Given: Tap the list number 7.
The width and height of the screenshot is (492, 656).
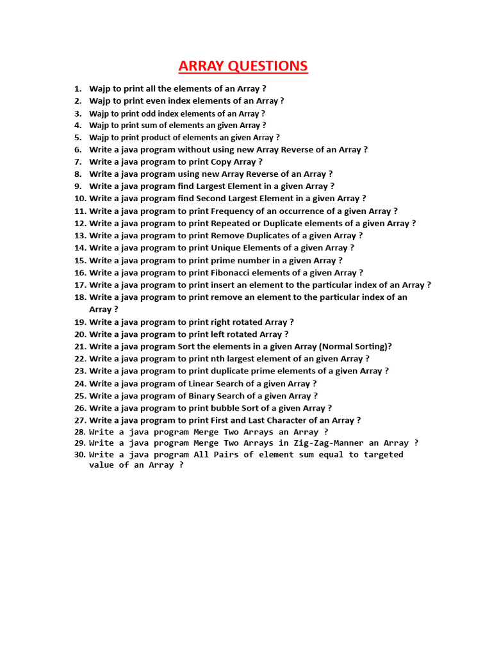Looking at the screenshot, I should click(x=78, y=162).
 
